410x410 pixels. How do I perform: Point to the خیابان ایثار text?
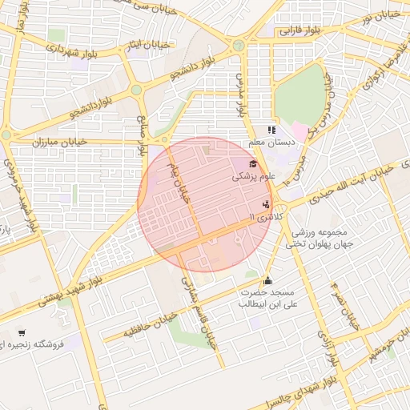coord(148,46)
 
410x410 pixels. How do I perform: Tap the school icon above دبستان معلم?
coord(271,129)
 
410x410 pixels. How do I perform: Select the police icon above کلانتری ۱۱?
coord(266,203)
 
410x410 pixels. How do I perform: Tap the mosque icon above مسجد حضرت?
coord(267,281)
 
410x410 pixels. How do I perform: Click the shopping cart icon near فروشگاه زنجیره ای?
coord(22,333)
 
